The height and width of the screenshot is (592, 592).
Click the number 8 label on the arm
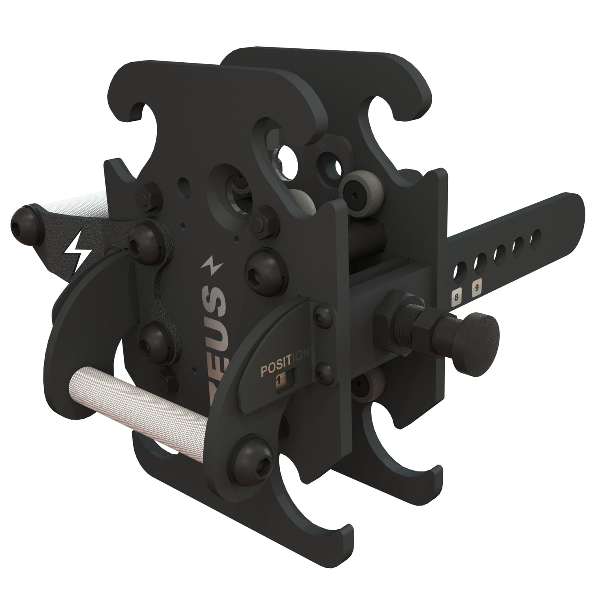pos(456,295)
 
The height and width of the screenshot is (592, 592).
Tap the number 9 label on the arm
pos(476,288)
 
